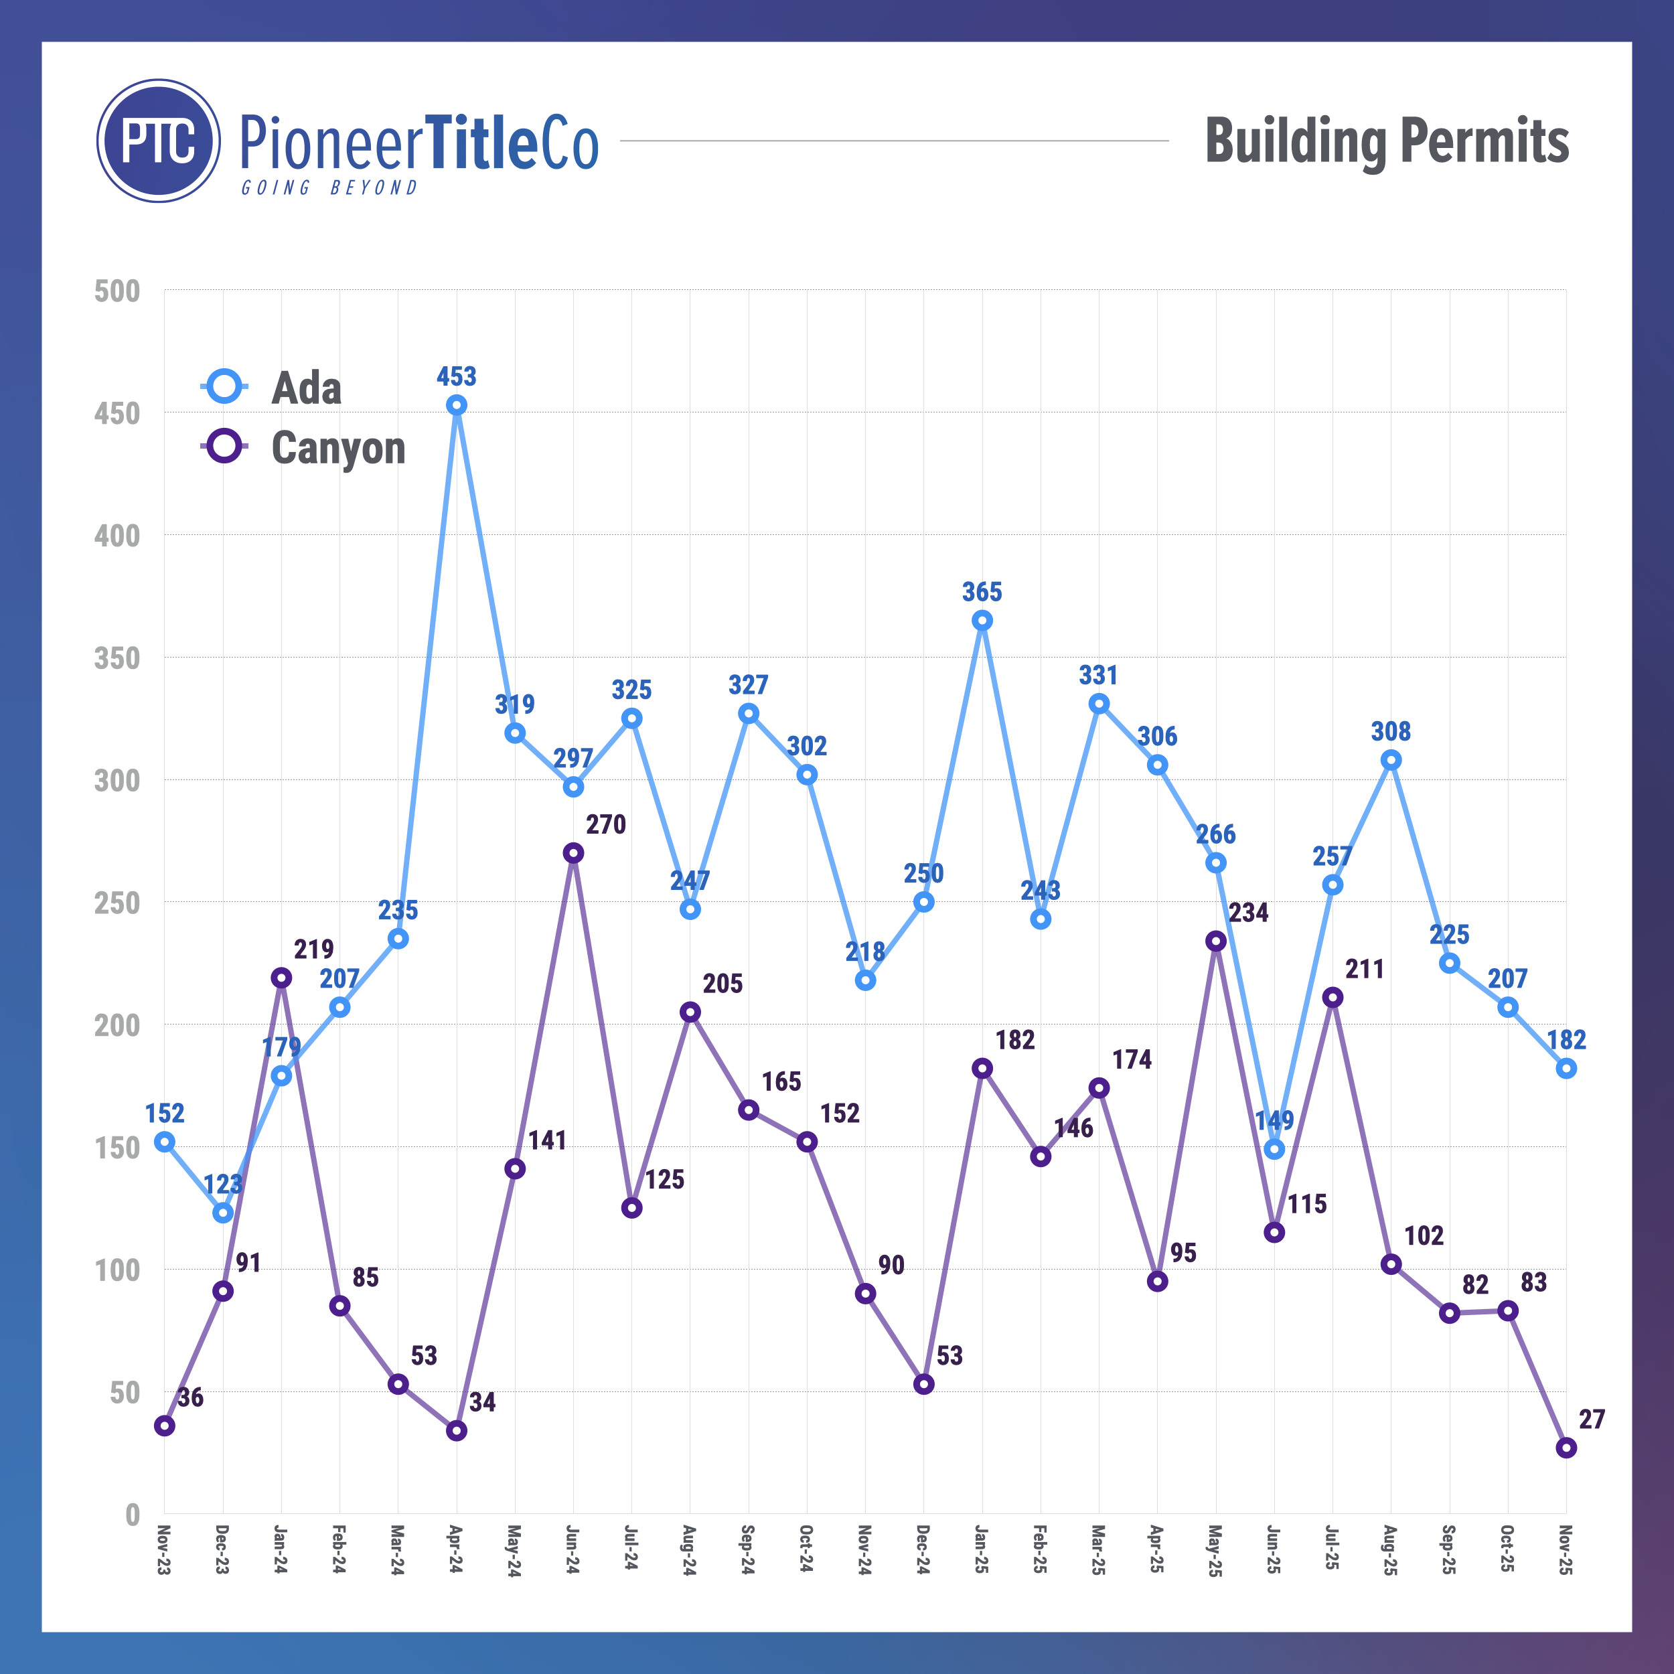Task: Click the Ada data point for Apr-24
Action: (457, 404)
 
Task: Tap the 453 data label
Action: (457, 376)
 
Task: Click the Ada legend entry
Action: (306, 387)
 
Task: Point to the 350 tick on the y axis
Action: (117, 658)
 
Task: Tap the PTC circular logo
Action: (159, 141)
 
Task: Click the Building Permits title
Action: (1386, 141)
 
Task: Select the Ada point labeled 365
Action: (982, 621)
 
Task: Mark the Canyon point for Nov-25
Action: (1566, 1448)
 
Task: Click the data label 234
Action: (1247, 913)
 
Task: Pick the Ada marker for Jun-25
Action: (1274, 1149)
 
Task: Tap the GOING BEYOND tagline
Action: (329, 188)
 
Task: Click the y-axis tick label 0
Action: (132, 1515)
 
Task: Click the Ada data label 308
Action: (1391, 731)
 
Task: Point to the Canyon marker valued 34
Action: (457, 1430)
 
